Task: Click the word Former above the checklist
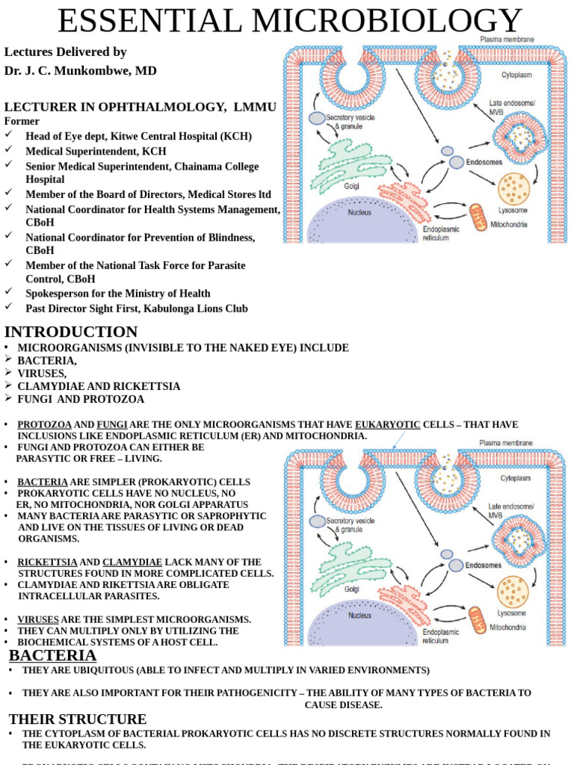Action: click(x=22, y=121)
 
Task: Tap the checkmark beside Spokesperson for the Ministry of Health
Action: click(x=9, y=292)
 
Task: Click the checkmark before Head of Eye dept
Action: click(x=9, y=135)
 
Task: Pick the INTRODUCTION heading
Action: click(x=71, y=332)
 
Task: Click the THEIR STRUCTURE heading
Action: click(x=78, y=719)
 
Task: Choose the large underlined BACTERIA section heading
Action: click(x=53, y=655)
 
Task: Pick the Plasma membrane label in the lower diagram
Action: click(x=506, y=443)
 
